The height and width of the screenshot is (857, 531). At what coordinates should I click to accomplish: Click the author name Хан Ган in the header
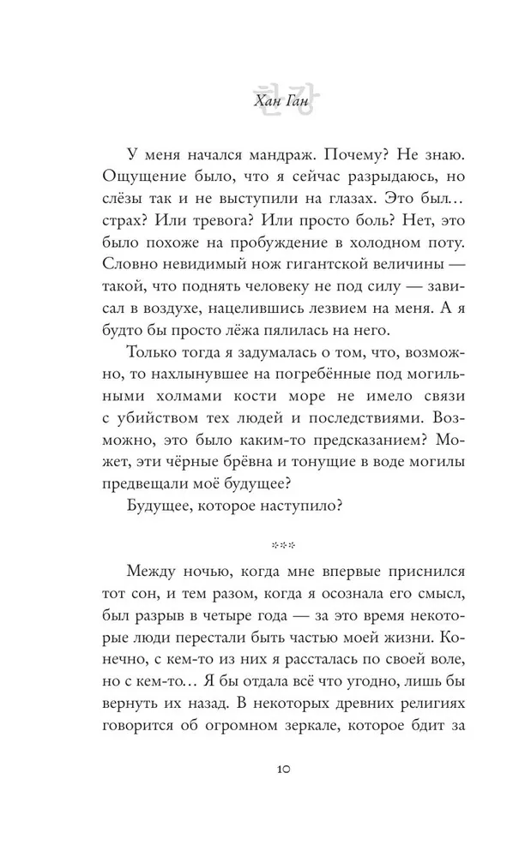[x=265, y=101]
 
